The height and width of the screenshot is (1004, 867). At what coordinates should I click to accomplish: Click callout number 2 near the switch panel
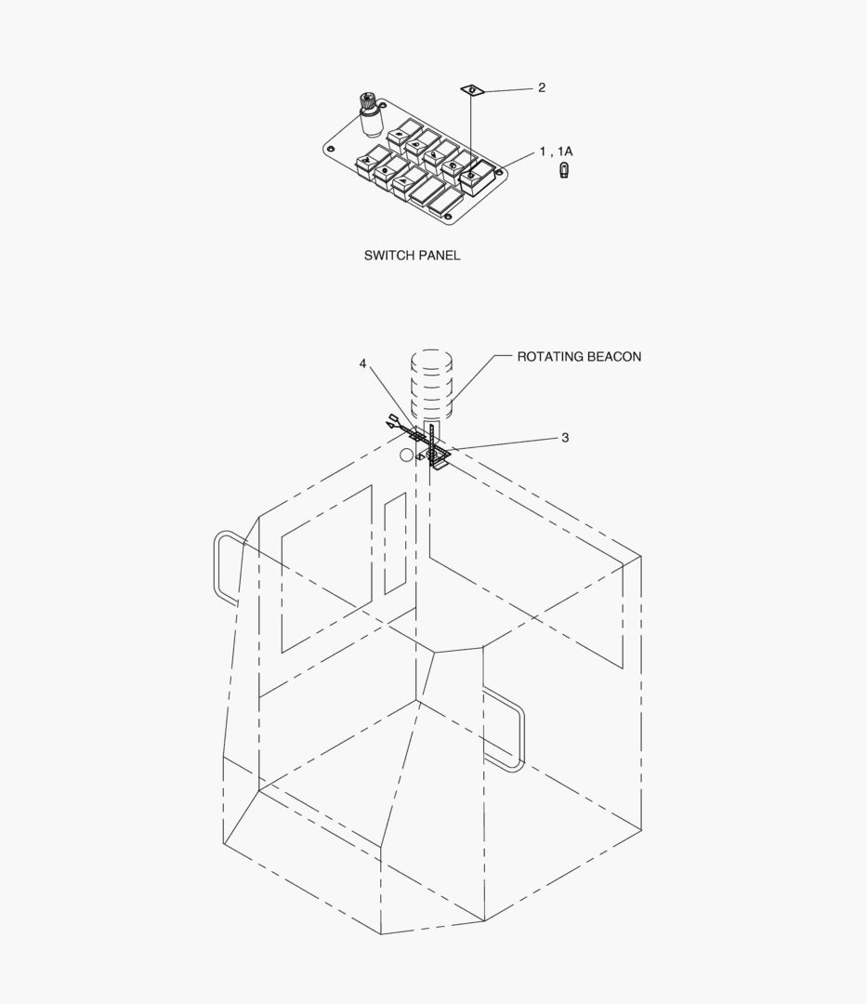coord(542,88)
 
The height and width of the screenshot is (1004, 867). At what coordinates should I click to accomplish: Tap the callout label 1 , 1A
coord(556,152)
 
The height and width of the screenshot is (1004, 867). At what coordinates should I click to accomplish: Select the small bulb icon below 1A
coord(564,171)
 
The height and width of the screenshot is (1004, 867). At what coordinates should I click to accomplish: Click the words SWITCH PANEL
coord(412,256)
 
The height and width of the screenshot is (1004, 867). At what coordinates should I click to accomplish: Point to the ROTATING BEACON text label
coord(579,357)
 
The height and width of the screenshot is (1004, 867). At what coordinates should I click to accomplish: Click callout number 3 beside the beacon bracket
coord(565,438)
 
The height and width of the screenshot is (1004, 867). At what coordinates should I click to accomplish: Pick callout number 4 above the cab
coord(363,363)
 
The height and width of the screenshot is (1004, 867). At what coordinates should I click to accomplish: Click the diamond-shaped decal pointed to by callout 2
coord(473,89)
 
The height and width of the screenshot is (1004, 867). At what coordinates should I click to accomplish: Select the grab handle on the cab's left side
coord(226,567)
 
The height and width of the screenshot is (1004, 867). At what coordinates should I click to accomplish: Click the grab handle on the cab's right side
coord(506,730)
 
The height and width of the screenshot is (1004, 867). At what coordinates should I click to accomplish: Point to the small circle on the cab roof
coord(406,456)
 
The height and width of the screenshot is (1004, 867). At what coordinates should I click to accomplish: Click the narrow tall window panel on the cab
coord(395,543)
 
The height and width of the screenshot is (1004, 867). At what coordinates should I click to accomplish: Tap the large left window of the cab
coord(326,567)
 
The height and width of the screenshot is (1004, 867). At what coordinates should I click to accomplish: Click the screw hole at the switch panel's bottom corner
coord(448,218)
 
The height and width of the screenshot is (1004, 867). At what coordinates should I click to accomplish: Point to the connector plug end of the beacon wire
coord(394,424)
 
